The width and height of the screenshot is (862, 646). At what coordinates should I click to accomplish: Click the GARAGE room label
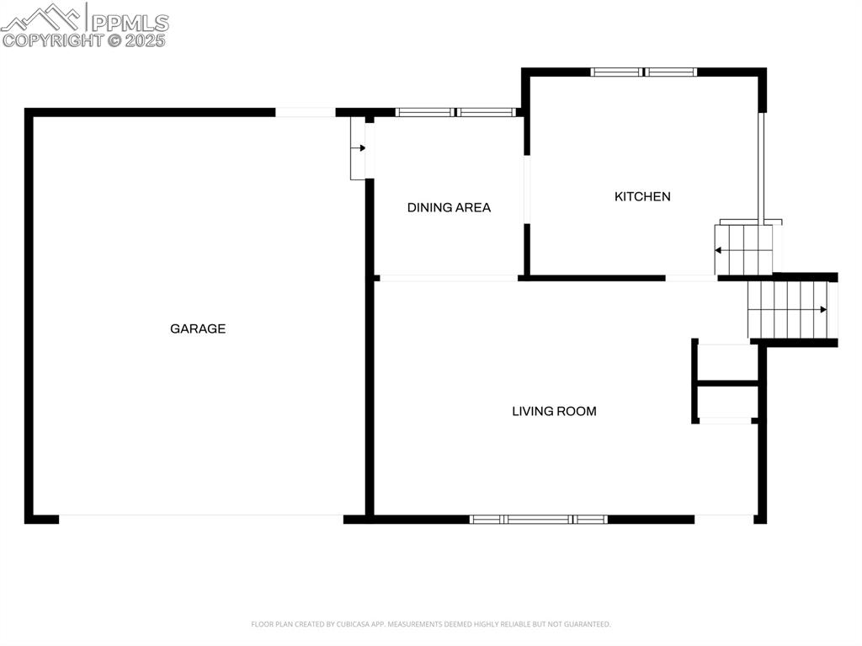point(198,328)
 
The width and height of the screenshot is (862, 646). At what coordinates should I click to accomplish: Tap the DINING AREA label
point(449,207)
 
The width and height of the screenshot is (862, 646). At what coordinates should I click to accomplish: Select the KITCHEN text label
point(642,196)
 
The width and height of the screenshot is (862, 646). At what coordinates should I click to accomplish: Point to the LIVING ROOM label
point(554,411)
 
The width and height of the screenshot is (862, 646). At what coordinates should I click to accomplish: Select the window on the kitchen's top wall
point(644,72)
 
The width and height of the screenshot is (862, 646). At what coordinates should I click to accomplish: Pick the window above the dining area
point(455,112)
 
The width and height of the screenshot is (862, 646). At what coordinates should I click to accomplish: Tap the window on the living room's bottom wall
point(539,519)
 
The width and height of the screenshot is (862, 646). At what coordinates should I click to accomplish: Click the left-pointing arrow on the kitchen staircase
point(718,250)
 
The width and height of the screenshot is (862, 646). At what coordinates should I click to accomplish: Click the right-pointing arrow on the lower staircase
point(822,310)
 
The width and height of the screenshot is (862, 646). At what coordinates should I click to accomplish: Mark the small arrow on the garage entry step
point(362,148)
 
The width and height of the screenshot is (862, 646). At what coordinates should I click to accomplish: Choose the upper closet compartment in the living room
point(727,363)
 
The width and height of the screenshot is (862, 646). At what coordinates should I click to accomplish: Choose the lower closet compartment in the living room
point(727,403)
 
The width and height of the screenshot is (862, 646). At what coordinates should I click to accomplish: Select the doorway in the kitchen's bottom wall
point(691,277)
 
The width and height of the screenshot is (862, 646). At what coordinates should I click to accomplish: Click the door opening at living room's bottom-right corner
point(724,519)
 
